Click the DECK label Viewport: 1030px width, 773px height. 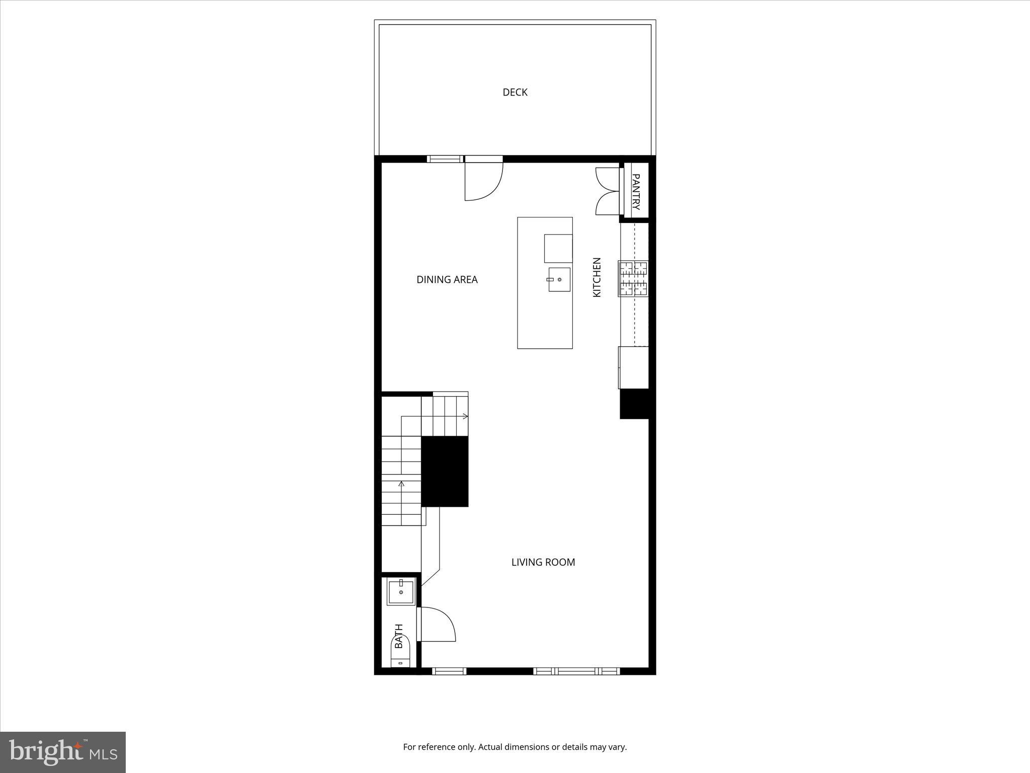tap(515, 92)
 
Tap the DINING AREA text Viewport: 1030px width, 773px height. tap(447, 279)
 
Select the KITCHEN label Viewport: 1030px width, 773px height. tap(597, 277)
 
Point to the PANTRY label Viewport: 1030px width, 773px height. tap(636, 192)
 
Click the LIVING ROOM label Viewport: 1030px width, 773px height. tap(543, 562)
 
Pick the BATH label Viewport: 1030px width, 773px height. tap(399, 636)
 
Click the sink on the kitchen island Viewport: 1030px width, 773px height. tap(559, 279)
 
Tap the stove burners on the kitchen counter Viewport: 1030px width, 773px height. tap(634, 278)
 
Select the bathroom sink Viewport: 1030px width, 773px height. tap(401, 592)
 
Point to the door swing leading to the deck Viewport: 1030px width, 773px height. tap(483, 181)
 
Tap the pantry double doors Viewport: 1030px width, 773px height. tap(608, 191)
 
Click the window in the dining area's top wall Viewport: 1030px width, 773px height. tap(445, 159)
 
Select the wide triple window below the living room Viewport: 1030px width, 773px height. tap(576, 671)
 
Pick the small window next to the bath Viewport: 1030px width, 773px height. tap(449, 671)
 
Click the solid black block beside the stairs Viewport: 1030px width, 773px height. tap(445, 471)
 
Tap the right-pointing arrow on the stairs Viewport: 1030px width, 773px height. tap(465, 416)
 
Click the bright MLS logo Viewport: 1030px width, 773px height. tap(63, 752)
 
